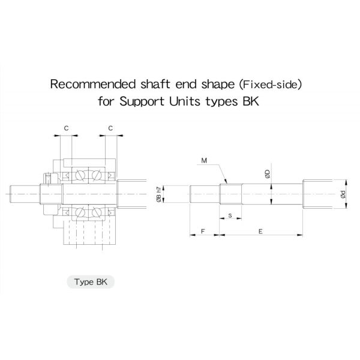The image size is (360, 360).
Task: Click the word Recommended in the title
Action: pyautogui.click(x=93, y=84)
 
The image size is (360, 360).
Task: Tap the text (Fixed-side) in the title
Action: pyautogui.click(x=270, y=85)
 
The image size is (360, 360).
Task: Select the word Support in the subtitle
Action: pyautogui.click(x=142, y=101)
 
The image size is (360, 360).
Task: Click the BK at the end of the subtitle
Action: pyautogui.click(x=251, y=101)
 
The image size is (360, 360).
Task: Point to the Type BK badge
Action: pyautogui.click(x=91, y=282)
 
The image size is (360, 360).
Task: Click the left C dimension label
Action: pyautogui.click(x=66, y=128)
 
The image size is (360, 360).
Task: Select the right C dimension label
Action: pyautogui.click(x=110, y=128)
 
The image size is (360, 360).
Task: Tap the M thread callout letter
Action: pyautogui.click(x=204, y=161)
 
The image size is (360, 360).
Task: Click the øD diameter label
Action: pyautogui.click(x=267, y=174)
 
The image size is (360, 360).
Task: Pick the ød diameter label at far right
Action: pyautogui.click(x=343, y=194)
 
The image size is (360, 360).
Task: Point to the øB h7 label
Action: pyautogui.click(x=158, y=194)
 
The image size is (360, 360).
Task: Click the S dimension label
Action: pyautogui.click(x=230, y=215)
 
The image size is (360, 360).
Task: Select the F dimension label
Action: pyautogui.click(x=203, y=231)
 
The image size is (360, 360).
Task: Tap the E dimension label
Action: pyautogui.click(x=260, y=232)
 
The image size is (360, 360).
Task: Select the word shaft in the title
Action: pyautogui.click(x=155, y=84)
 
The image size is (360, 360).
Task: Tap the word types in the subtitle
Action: pyautogui.click(x=221, y=102)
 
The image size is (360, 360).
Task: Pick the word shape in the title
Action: pyautogui.click(x=218, y=85)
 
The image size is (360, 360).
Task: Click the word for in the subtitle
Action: pyautogui.click(x=106, y=101)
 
